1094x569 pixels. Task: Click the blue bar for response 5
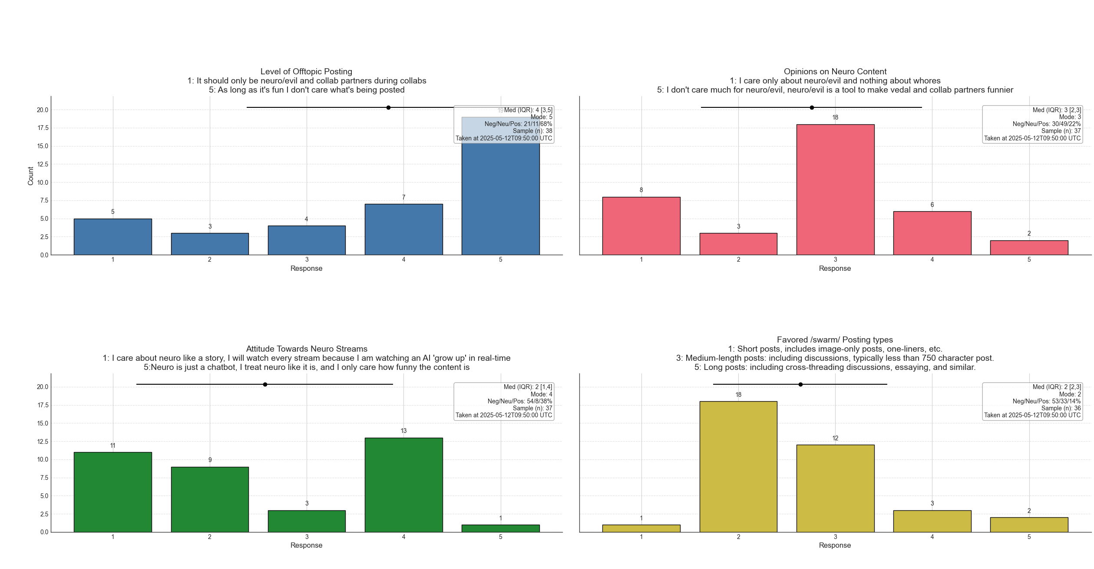pos(500,196)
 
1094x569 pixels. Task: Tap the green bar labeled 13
pos(403,485)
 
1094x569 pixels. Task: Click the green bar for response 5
pos(500,528)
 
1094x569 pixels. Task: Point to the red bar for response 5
pos(1028,248)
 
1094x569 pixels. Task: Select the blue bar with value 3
pos(210,244)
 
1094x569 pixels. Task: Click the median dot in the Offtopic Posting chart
pos(388,107)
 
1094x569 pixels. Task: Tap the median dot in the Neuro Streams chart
pos(265,384)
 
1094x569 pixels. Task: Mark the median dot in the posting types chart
pos(800,384)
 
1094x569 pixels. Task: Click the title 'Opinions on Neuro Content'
pos(835,71)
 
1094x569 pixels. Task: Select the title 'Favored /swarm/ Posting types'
pos(835,339)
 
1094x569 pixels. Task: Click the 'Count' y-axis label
pos(30,176)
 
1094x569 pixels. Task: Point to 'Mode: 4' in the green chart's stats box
pos(541,394)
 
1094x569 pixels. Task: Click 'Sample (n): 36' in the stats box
pos(1061,408)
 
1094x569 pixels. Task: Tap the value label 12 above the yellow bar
pos(835,438)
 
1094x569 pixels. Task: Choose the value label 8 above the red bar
pos(641,190)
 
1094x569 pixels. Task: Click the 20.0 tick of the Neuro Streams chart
pos(43,387)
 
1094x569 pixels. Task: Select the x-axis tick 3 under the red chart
pos(835,260)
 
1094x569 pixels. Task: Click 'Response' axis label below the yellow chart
pos(834,545)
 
